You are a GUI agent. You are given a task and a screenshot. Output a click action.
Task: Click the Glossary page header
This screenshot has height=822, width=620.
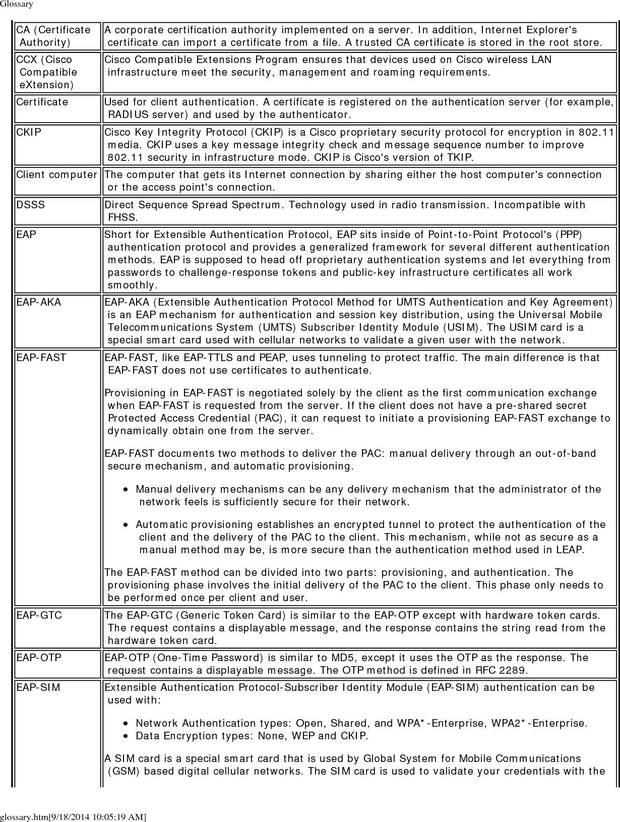[17, 4]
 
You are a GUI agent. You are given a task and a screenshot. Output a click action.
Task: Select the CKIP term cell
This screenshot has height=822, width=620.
[29, 133]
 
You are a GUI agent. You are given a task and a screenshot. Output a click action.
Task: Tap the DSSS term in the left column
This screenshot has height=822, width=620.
[30, 205]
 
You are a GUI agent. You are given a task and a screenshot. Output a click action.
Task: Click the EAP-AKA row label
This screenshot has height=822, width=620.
[38, 302]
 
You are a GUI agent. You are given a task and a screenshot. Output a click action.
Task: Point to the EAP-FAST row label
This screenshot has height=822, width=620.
[41, 358]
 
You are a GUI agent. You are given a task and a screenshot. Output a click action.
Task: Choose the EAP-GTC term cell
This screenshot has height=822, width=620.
[39, 615]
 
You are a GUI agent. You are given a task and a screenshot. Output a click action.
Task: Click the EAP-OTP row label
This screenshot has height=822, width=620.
[39, 658]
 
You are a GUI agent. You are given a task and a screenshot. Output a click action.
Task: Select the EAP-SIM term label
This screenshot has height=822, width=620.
[38, 687]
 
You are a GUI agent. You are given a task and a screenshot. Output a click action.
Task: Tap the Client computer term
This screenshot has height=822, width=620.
[56, 175]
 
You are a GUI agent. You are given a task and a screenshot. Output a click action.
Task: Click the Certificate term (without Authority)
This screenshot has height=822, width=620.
[42, 102]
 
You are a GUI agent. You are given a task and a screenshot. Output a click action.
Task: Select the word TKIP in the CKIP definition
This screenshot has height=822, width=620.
[460, 157]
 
